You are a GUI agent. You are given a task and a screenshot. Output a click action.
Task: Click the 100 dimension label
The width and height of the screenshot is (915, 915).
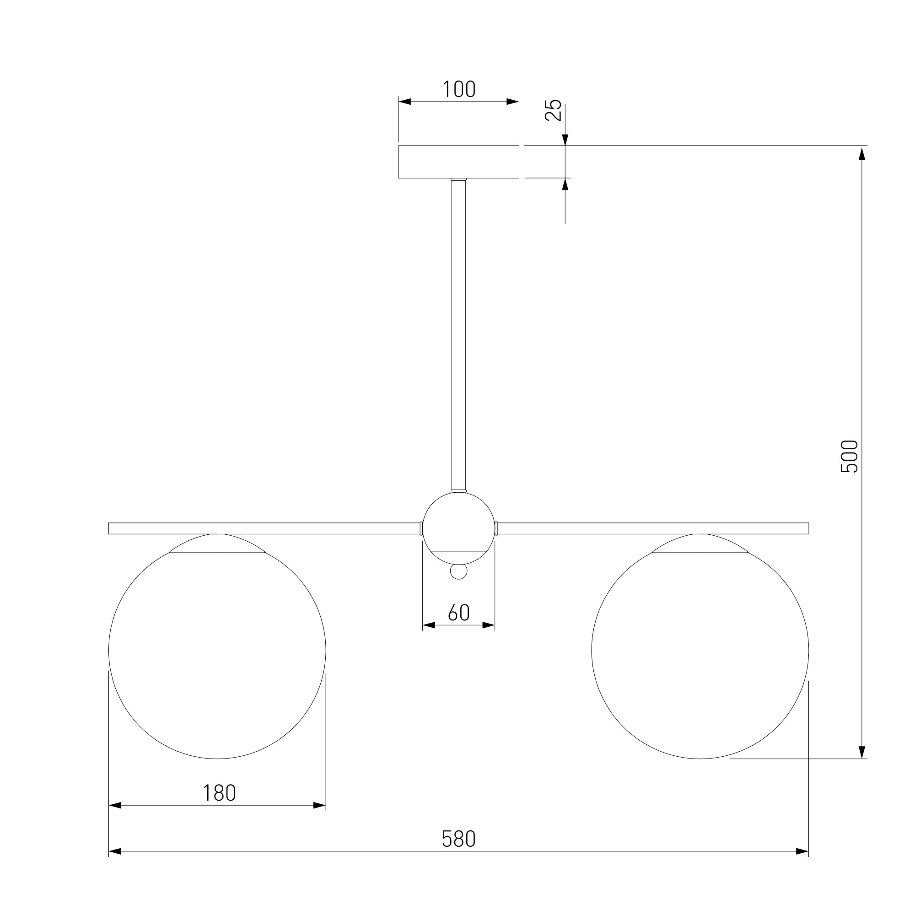click(x=459, y=89)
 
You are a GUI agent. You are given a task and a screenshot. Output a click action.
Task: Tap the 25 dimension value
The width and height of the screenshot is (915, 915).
click(x=553, y=110)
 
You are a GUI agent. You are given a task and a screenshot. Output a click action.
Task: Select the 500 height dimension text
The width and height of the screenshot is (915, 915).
click(x=849, y=457)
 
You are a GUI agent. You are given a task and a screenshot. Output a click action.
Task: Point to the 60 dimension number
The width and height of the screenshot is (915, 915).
click(x=458, y=613)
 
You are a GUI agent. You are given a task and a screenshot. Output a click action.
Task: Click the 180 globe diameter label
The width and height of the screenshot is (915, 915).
click(x=219, y=793)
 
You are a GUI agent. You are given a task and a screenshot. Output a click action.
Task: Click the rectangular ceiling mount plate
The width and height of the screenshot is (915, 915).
click(x=458, y=162)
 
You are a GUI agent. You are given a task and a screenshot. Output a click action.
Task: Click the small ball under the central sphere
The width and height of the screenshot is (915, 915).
click(x=458, y=571)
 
